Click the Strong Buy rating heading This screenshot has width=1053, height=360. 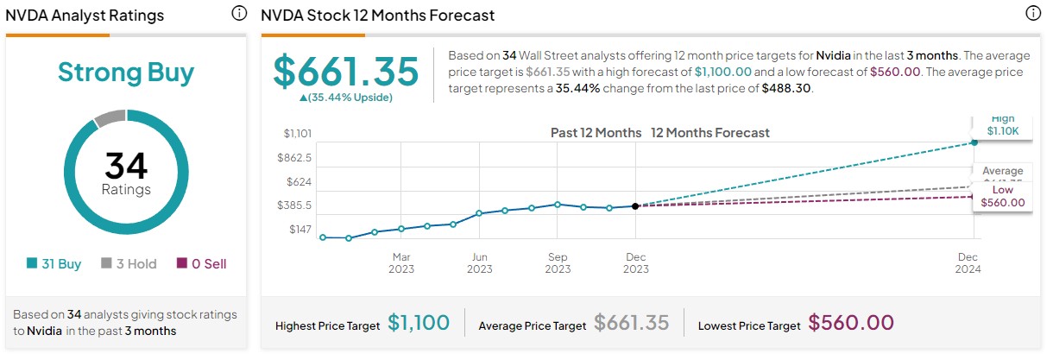coord(126,72)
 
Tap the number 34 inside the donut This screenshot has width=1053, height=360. coord(126,165)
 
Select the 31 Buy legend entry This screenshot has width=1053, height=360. coord(54,264)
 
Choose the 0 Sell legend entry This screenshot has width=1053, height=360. coord(201,264)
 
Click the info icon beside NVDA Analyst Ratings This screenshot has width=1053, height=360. coord(239,14)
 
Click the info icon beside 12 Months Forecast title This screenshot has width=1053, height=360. coord(1032,14)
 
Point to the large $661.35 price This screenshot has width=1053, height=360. coord(345,71)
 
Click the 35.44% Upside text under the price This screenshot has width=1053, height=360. coord(345,98)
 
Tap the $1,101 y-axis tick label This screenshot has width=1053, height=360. coord(297,133)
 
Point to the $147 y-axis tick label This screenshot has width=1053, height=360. coord(301,231)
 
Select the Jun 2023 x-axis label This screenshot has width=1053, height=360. coord(480,262)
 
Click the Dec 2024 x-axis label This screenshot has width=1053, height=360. coord(968,262)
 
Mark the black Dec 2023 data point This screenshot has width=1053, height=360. coord(635,205)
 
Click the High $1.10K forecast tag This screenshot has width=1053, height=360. coord(1003,126)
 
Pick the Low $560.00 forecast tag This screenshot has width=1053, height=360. coord(1002,197)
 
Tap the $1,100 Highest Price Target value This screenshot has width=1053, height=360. coord(419,324)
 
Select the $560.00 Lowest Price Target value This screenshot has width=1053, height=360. coord(850,324)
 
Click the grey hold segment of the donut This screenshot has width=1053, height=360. coord(110,118)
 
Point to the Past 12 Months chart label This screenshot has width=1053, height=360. coord(596,133)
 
